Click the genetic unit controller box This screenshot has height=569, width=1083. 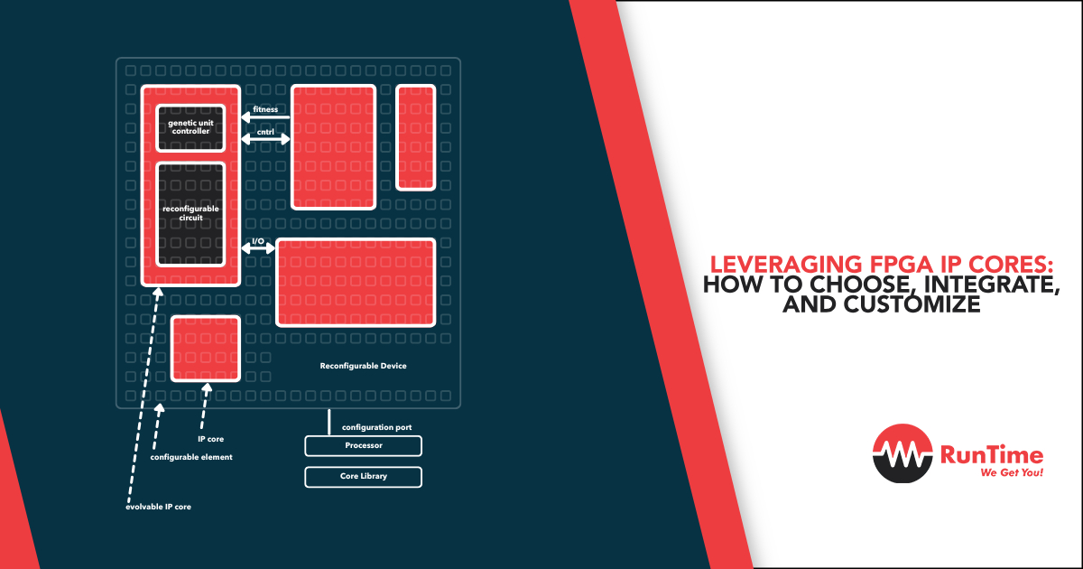(190, 127)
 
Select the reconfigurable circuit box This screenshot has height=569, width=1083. (190, 214)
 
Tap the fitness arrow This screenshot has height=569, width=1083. (265, 117)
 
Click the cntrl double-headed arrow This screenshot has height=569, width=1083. (265, 139)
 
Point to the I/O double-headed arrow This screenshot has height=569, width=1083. (258, 248)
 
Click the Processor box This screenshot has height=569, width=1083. (363, 445)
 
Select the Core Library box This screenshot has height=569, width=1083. (363, 477)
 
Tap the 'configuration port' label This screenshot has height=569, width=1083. (376, 427)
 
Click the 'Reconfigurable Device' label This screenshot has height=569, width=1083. (363, 366)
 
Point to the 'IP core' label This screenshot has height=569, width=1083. (211, 439)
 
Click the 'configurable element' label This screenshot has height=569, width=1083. (191, 457)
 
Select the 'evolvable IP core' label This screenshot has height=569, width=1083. (158, 507)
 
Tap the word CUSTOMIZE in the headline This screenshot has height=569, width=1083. (912, 304)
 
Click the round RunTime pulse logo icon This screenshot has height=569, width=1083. (902, 453)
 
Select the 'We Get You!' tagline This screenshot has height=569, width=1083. (1012, 472)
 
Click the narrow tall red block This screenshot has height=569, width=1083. (416, 137)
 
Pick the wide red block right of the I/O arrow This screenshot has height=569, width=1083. (356, 283)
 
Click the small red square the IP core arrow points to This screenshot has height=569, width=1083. (206, 349)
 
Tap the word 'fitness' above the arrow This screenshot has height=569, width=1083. (265, 109)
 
